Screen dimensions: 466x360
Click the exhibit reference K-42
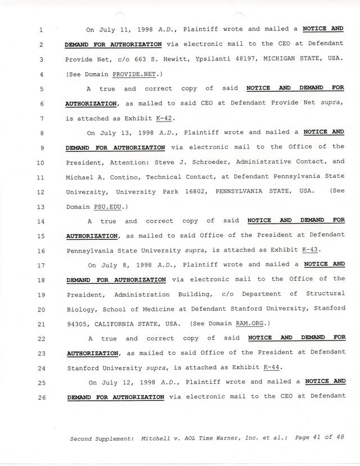tap(165, 118)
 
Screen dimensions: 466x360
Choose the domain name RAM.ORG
tap(245, 323)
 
